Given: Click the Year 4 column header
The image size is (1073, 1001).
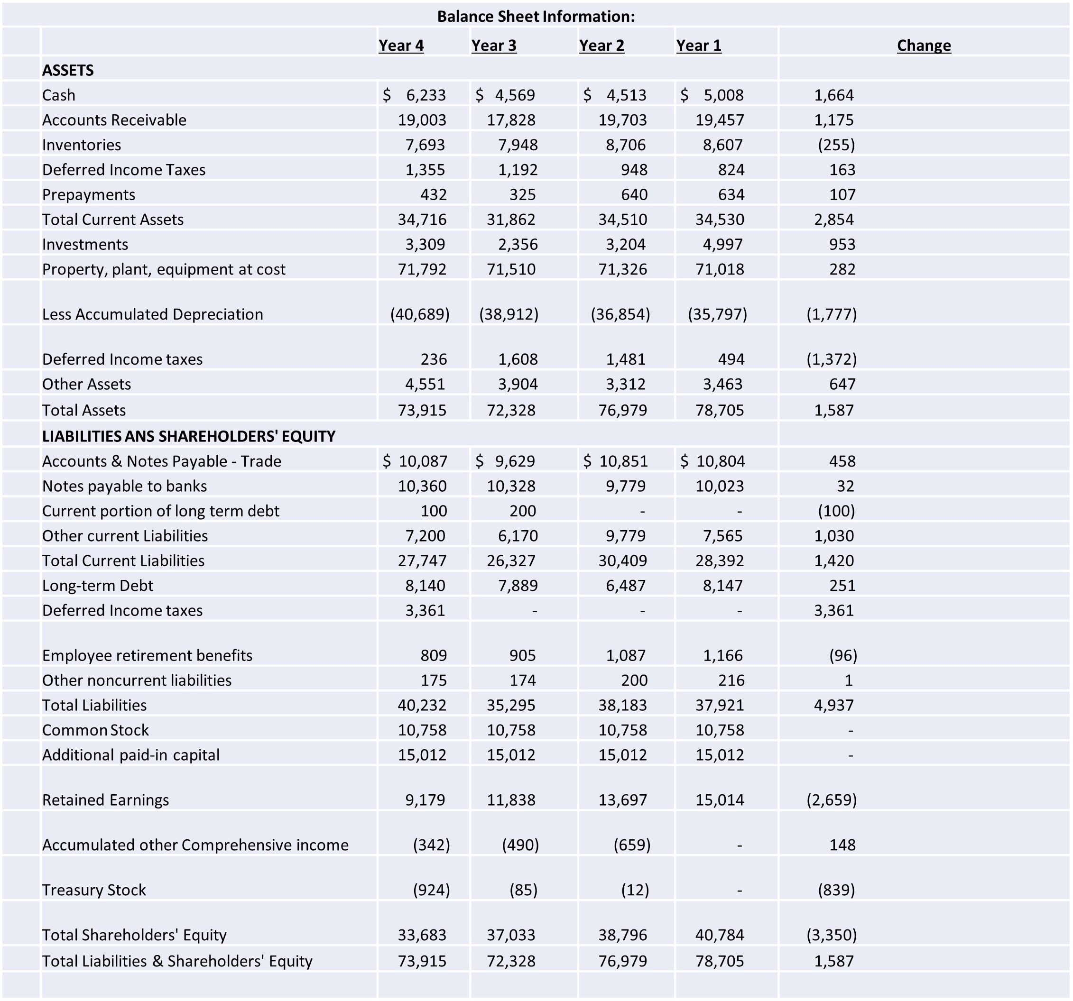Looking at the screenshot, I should tap(400, 46).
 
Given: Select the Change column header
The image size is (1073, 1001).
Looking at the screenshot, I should tap(924, 46).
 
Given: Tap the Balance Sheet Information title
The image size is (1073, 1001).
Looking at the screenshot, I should tap(536, 16).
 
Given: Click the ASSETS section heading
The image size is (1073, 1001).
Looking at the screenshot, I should tap(68, 70).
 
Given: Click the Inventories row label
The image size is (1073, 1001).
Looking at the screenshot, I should tap(82, 145).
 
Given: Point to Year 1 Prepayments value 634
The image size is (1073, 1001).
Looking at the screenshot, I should tap(731, 194).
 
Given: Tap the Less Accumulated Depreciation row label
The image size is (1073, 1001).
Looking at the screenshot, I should tap(153, 314).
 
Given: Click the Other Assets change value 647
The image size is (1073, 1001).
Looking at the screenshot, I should tap(842, 384).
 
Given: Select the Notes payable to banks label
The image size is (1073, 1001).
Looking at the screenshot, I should tap(124, 486).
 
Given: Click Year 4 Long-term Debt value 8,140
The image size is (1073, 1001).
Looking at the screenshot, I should tap(425, 586).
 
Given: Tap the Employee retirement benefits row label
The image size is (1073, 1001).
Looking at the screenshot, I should tap(148, 655).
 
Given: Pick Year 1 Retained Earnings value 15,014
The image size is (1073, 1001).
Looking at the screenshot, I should tap(720, 800).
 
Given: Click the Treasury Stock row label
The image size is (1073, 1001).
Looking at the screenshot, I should tap(94, 890).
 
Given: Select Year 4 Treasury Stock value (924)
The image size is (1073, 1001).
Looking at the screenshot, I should tap(431, 890).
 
